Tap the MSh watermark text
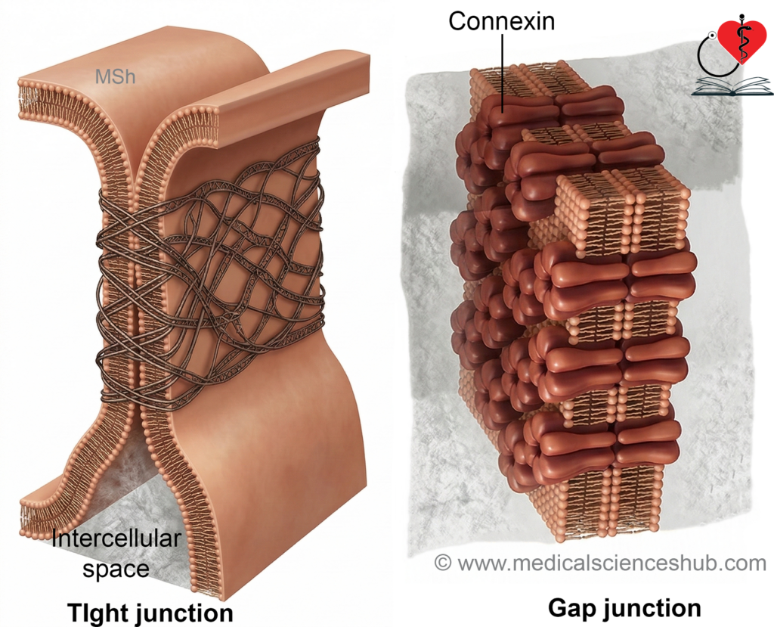pos(115,76)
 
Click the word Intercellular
pos(116,539)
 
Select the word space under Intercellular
pos(116,569)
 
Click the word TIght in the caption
pos(97,613)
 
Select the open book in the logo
pos(732,85)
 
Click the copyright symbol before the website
pos(443,562)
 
